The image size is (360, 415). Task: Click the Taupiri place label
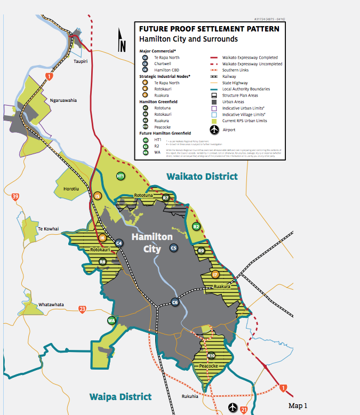pyautogui.click(x=81, y=62)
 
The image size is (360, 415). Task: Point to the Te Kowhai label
pyautogui.click(x=47, y=228)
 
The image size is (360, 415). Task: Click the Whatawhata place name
pyautogui.click(x=51, y=305)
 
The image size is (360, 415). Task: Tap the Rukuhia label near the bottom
pyautogui.click(x=189, y=396)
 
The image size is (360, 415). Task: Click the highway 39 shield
pyautogui.click(x=15, y=197)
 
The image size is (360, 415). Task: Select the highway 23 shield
pyautogui.click(x=82, y=309)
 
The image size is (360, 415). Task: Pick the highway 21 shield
pyautogui.click(x=244, y=409)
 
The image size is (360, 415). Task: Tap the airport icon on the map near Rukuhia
pyautogui.click(x=233, y=408)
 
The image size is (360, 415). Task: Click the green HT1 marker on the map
pyautogui.click(x=121, y=176)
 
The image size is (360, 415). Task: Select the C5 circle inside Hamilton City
pyautogui.click(x=173, y=248)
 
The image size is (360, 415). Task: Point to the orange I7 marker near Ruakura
pyautogui.click(x=215, y=274)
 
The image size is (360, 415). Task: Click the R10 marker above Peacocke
pyautogui.click(x=211, y=355)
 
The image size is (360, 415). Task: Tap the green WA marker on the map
pyautogui.click(x=111, y=321)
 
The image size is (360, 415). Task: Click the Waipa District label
pyautogui.click(x=120, y=396)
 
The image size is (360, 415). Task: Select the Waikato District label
pyautogui.click(x=202, y=176)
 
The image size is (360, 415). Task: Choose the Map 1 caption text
pyautogui.click(x=298, y=406)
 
